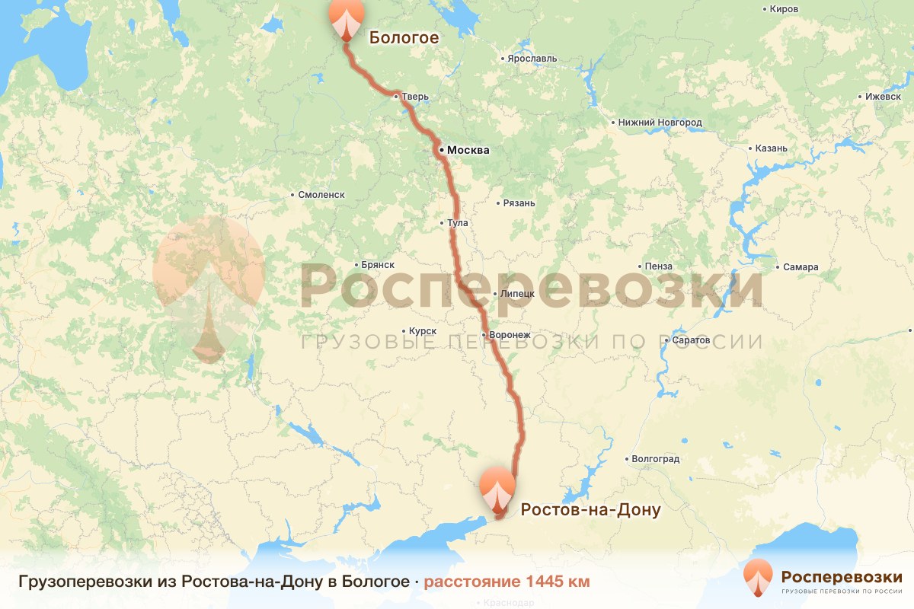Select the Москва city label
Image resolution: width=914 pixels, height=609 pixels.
point(468,151)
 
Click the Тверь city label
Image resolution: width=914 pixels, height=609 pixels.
point(415,97)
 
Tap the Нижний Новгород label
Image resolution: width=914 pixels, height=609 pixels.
point(660,123)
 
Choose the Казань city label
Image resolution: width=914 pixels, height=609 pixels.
point(771,148)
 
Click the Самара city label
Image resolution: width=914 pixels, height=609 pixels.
point(801,267)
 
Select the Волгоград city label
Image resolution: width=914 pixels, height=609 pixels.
point(655,459)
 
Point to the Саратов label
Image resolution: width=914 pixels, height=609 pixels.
point(691,340)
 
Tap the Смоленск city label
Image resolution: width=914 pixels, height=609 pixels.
point(321,195)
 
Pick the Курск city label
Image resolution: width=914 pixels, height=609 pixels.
point(422,331)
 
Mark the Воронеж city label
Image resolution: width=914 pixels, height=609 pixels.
point(510,335)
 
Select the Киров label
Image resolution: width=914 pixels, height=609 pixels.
point(784,9)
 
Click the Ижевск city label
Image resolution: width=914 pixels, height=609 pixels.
point(883,97)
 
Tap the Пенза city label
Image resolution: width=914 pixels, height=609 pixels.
point(658,266)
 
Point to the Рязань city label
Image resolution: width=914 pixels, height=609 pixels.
point(519,203)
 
